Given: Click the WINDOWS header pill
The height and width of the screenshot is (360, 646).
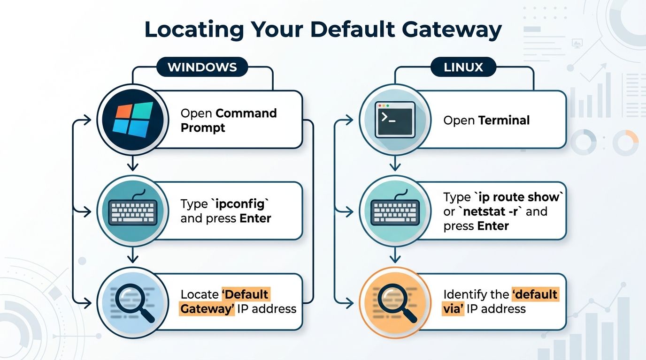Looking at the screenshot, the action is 202,67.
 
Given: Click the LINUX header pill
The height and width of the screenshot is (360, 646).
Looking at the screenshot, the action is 463,67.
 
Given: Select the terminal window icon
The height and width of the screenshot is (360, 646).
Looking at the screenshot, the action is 395,120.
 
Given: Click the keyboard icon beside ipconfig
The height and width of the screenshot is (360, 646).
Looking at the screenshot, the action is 133,208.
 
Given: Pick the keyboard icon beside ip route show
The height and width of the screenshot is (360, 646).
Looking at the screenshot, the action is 395,208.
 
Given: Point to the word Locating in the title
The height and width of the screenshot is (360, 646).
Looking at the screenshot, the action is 194,30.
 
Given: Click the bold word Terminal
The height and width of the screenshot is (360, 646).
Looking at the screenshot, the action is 504,120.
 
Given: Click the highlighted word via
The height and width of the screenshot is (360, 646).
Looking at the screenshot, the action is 453,309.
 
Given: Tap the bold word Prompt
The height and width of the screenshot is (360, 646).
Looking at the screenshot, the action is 203,128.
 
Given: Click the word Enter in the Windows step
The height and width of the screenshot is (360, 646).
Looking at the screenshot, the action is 255,218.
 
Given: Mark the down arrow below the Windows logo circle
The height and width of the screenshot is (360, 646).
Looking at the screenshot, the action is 132,163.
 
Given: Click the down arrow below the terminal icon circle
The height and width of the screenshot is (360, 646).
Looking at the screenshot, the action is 395,163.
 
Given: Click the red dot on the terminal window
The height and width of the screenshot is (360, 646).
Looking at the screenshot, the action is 380,106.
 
